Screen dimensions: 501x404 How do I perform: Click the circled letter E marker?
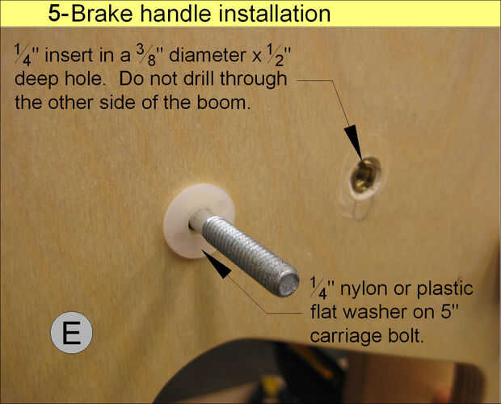click(x=71, y=332)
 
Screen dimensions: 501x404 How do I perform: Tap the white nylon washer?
click(x=179, y=236)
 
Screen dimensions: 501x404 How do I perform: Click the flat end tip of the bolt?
click(x=288, y=284)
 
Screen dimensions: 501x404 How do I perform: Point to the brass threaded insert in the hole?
click(x=365, y=176)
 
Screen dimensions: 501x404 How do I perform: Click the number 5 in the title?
click(x=54, y=14)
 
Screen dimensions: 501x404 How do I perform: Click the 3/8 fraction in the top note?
click(x=145, y=54)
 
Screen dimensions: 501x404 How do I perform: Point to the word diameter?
click(x=208, y=55)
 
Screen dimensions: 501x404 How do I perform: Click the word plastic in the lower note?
click(x=445, y=289)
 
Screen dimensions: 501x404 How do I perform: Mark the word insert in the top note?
click(x=69, y=55)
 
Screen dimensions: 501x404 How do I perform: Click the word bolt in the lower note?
click(x=406, y=335)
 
